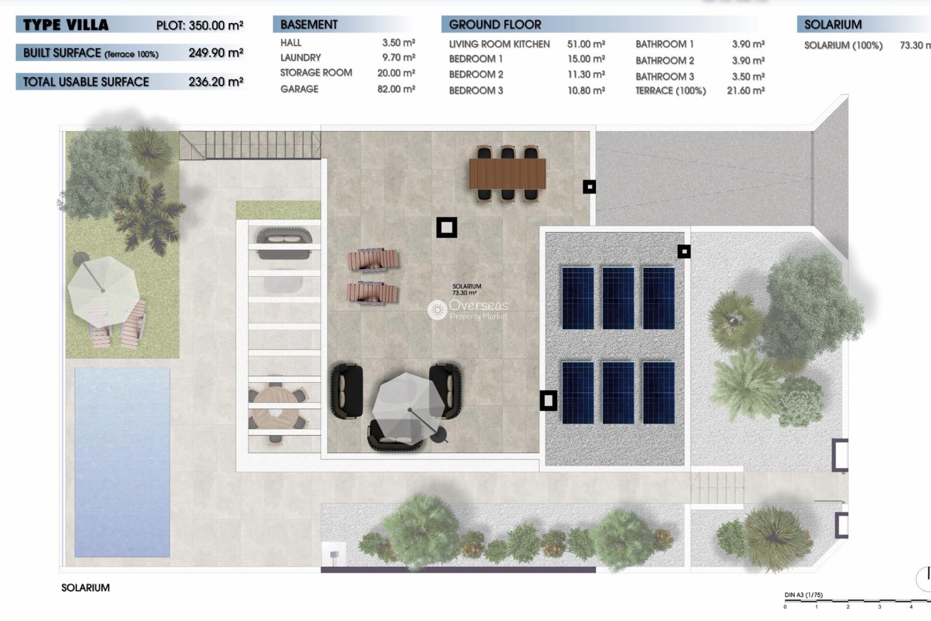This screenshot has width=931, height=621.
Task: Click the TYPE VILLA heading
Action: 66,25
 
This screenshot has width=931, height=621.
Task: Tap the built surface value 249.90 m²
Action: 216,52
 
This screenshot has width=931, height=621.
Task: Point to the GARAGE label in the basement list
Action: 299,89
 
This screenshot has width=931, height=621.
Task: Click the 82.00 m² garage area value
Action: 396,89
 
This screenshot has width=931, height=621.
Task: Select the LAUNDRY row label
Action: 301,58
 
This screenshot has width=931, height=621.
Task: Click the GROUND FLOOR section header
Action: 495,24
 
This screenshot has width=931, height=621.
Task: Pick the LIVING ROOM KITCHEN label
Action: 499,44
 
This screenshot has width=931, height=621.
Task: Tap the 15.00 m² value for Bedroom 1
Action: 586,59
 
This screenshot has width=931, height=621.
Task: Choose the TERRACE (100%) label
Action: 670,91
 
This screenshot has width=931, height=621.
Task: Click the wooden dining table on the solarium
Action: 507,174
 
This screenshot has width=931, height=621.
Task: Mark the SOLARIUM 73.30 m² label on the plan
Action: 466,290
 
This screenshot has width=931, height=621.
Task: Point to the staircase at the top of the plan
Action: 250,145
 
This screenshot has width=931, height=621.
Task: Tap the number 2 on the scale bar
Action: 848,606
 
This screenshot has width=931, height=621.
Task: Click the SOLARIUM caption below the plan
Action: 85,588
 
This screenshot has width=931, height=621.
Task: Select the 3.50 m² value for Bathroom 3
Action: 748,77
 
